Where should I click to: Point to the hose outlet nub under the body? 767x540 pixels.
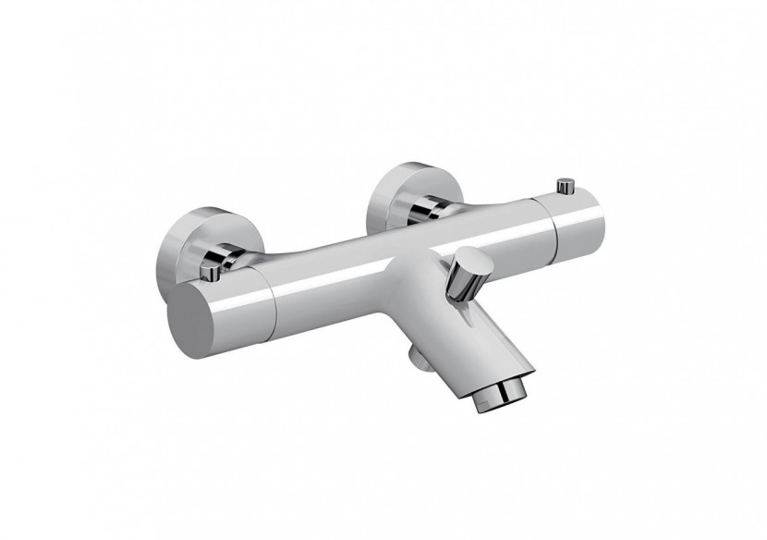pos(412,356)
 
